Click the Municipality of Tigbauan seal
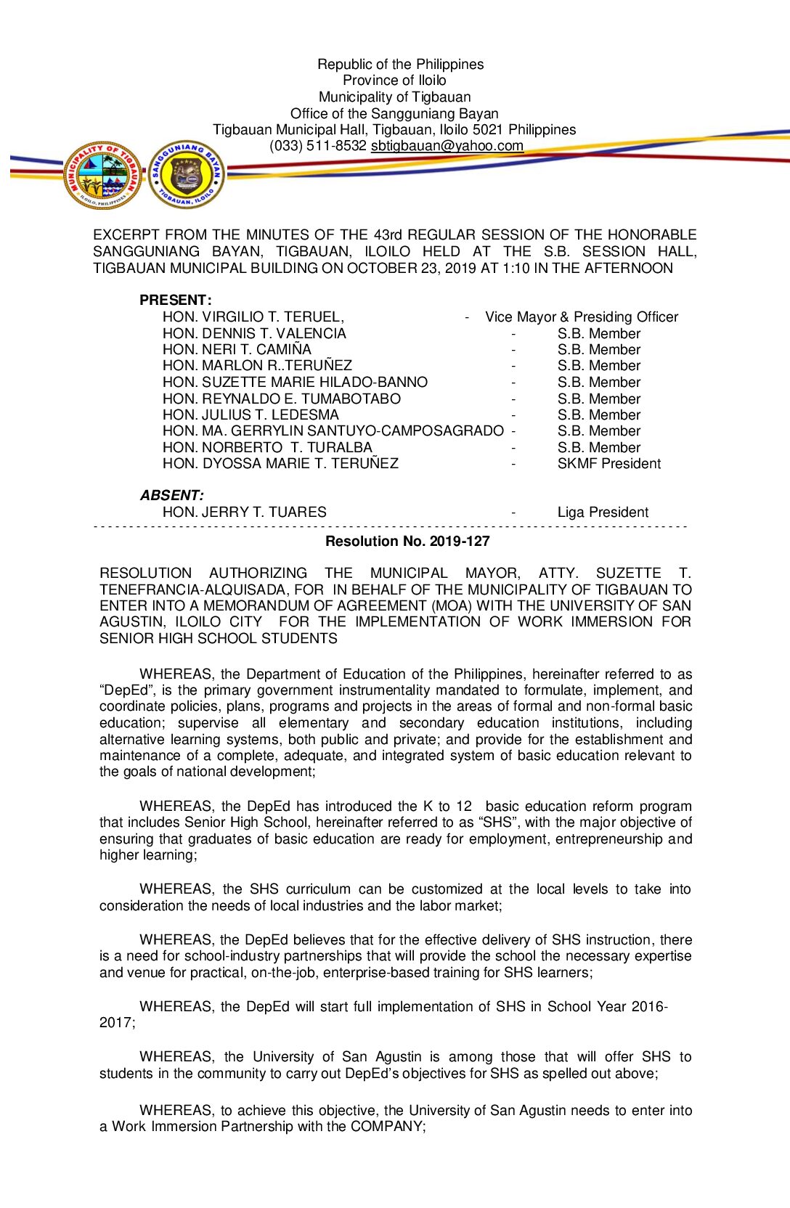pos(102,175)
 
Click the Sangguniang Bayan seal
pos(187,175)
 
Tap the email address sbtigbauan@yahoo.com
pos(447,146)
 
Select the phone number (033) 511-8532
pos(318,146)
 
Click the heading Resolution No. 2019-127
pos(407,541)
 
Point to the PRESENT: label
pos(176,300)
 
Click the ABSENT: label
pos(172,495)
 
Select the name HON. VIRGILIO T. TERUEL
pos(253,317)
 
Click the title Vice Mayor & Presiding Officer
pos(582,317)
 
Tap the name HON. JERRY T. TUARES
pos(245,512)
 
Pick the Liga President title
pos(603,512)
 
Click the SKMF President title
pos(609,463)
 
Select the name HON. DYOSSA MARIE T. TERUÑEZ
pos(280,463)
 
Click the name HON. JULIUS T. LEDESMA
pos(251,415)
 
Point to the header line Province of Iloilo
pos(394,81)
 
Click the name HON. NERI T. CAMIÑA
pos(237,349)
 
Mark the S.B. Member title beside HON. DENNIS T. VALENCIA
pos(599,333)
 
